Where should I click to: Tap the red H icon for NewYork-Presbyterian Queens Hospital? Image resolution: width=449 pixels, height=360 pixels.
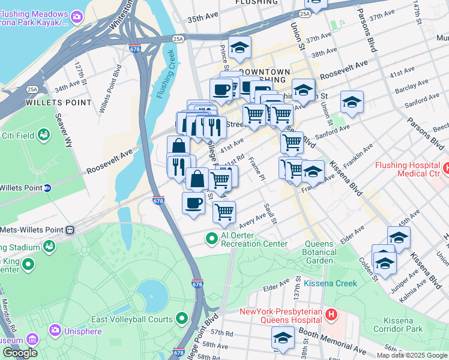click(330, 314)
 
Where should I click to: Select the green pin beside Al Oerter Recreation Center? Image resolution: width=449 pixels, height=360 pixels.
click(211, 239)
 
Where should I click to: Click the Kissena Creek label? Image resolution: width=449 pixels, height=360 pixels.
click(330, 283)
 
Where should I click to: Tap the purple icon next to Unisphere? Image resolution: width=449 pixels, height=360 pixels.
click(56, 330)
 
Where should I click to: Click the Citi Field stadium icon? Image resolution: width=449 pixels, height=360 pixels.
click(44, 136)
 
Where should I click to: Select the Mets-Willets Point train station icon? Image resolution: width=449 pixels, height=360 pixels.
click(71, 229)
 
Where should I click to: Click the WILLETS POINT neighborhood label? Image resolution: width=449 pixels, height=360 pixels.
click(59, 103)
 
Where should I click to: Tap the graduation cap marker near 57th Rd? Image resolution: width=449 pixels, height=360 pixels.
click(283, 339)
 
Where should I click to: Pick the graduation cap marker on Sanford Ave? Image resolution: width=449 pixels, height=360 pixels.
click(352, 101)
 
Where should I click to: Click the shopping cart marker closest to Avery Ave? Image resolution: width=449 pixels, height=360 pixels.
click(224, 211)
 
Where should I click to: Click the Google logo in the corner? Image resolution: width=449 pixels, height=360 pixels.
click(20, 353)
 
